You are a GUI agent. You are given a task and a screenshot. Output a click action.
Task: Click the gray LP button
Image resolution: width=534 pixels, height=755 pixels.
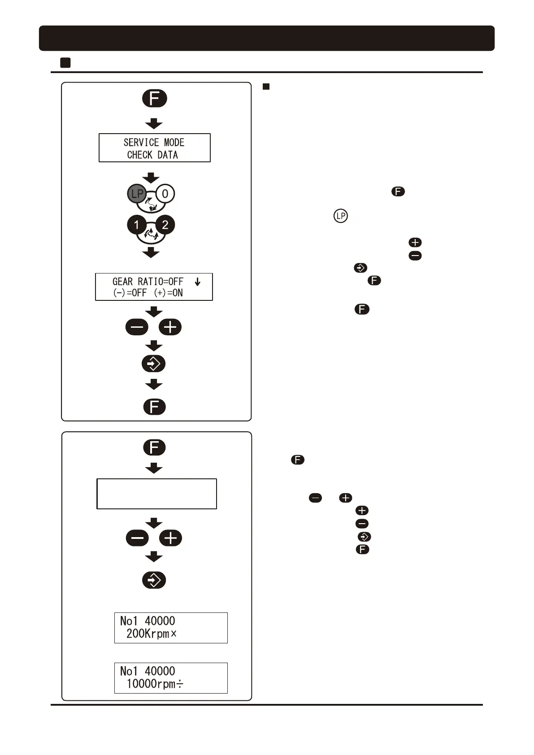point(137,194)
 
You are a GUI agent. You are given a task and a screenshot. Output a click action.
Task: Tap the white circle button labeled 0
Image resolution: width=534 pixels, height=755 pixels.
point(165,194)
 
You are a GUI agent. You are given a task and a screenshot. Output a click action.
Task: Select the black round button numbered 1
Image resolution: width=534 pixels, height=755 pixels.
point(137,225)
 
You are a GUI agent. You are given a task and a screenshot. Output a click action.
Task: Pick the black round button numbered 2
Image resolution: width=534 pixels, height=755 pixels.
point(165,225)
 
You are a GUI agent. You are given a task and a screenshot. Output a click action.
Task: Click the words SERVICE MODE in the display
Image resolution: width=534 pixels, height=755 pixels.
point(154,143)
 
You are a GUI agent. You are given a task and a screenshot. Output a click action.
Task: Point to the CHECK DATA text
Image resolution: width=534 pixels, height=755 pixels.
point(152,155)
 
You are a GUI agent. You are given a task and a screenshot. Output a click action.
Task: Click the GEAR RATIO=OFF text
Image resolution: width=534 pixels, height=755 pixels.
point(148,282)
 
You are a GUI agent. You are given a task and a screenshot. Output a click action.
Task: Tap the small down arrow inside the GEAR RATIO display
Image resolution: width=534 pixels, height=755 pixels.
point(197,282)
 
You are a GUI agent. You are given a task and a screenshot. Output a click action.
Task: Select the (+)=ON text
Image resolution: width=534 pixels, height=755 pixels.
point(168,293)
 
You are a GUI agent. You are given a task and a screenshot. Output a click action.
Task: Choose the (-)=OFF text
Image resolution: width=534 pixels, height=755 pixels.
point(130,293)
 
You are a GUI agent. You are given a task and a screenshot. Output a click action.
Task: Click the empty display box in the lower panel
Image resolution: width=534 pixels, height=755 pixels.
point(156,494)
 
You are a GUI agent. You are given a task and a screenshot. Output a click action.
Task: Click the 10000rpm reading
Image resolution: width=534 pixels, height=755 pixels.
point(150,684)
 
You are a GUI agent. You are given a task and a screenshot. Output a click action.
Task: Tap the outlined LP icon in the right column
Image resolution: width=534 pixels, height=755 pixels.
point(341,216)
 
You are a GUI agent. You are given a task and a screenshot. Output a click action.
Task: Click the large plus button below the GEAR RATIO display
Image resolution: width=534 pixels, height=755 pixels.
point(170,327)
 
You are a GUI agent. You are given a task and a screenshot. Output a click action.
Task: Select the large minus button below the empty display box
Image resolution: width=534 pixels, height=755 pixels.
point(137,538)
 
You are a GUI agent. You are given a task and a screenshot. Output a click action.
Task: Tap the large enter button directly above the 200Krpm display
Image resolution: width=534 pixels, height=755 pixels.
point(154,580)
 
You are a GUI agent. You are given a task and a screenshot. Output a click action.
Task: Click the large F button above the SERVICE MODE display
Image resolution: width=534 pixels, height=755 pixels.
point(155,99)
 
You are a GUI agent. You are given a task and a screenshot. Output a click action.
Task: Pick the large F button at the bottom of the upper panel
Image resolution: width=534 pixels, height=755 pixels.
point(155,407)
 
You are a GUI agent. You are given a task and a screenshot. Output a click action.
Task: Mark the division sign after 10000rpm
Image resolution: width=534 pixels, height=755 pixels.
point(179,684)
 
